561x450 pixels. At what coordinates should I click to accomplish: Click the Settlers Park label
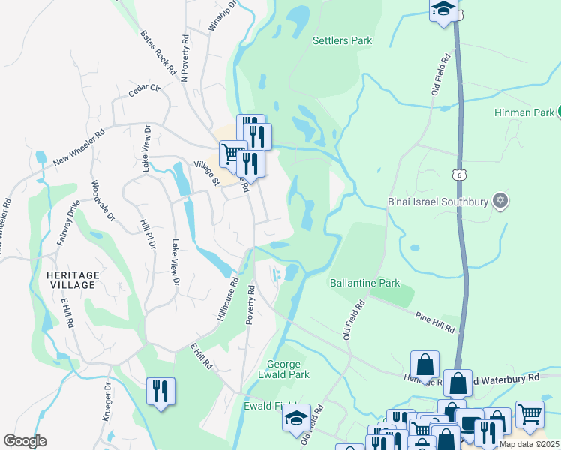tap(342, 40)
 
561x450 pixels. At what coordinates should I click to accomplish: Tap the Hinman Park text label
tap(523, 112)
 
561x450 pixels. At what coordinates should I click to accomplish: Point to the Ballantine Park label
tap(365, 283)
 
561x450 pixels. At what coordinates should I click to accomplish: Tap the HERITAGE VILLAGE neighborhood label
tap(73, 280)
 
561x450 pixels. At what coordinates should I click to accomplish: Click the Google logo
tap(25, 441)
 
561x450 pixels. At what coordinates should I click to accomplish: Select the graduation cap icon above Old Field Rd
tap(443, 10)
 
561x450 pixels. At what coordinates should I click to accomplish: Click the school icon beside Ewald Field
tap(296, 417)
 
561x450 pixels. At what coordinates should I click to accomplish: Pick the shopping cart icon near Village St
tap(232, 154)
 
